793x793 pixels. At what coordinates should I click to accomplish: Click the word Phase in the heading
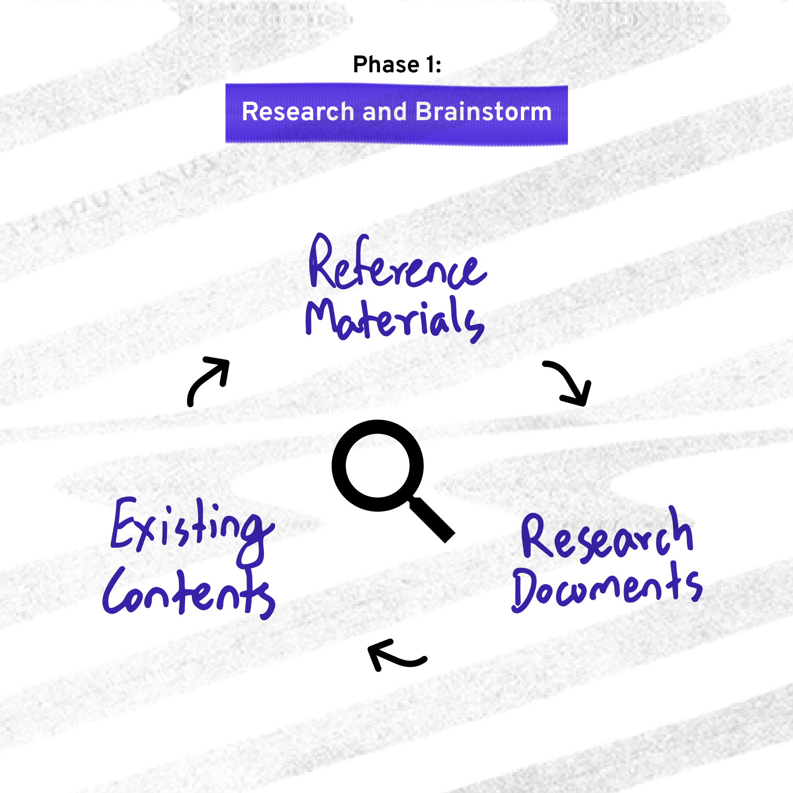(x=386, y=65)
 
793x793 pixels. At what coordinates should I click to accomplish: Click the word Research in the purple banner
(x=298, y=112)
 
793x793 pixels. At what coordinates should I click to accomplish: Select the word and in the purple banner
(x=385, y=112)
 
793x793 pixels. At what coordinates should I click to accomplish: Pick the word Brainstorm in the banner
(x=484, y=112)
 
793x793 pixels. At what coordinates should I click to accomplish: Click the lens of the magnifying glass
(x=378, y=465)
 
